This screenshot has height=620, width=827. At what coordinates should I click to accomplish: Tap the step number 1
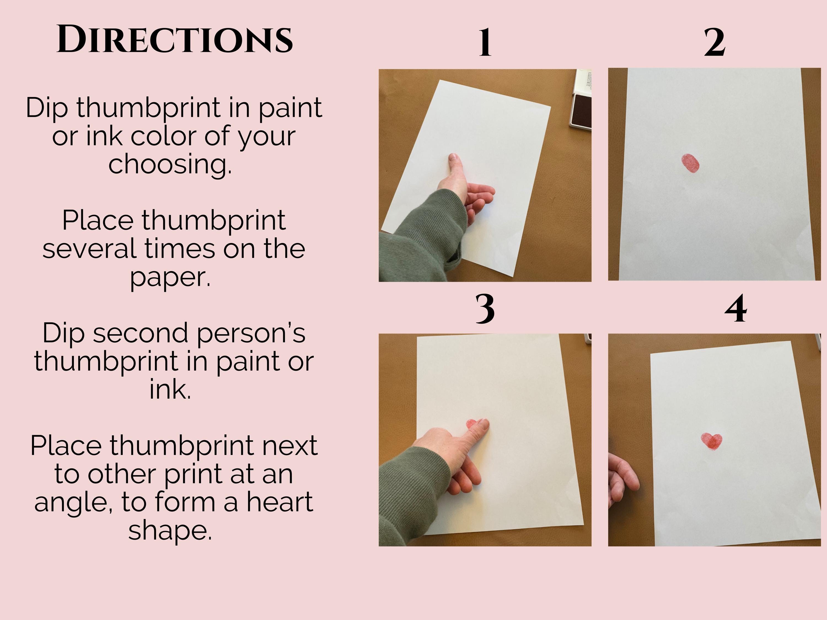485,42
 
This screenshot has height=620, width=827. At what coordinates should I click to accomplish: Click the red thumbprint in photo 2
690,163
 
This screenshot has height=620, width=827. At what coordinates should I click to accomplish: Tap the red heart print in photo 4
711,441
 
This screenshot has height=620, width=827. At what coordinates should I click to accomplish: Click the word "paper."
170,277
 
